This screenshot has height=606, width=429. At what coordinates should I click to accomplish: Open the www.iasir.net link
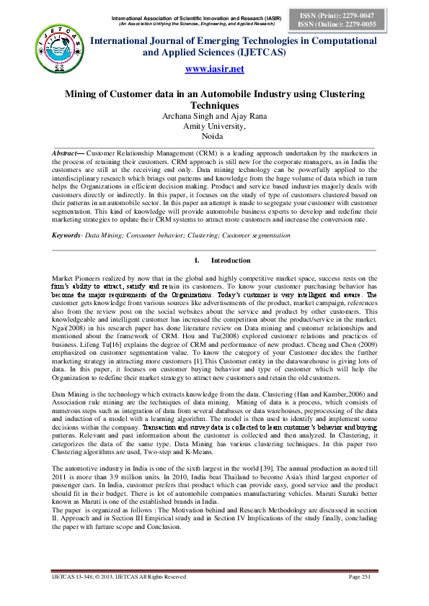click(215, 69)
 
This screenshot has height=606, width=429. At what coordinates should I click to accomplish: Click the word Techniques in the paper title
click(215, 106)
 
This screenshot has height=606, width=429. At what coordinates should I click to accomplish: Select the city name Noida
click(214, 135)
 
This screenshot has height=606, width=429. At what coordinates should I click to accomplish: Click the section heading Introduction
click(231, 260)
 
